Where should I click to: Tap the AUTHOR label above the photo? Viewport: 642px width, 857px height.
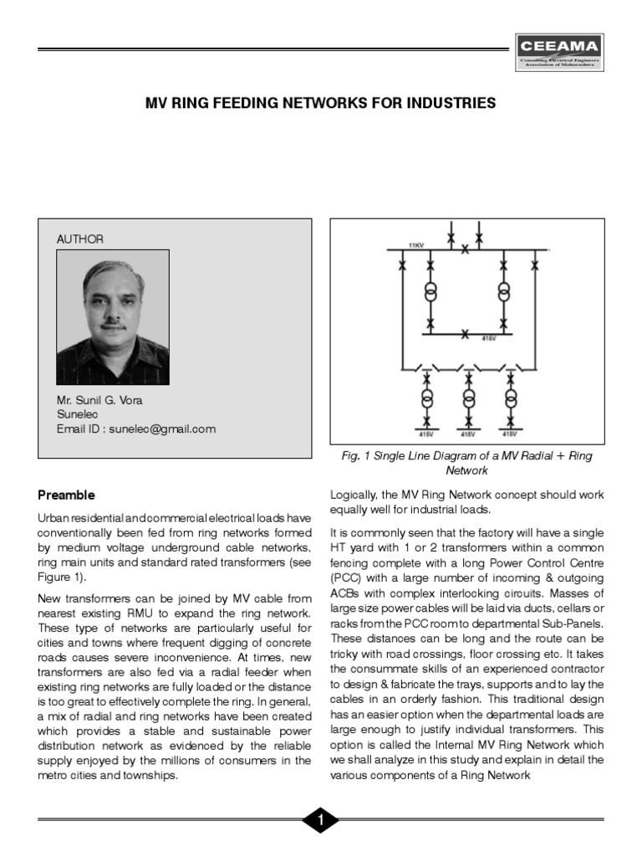coord(80,239)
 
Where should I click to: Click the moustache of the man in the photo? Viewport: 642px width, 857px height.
coord(113,321)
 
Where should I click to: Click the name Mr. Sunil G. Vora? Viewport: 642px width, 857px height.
coord(99,400)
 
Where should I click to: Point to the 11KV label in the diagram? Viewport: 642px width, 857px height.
coord(415,245)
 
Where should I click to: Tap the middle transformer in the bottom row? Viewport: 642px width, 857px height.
coord(468,395)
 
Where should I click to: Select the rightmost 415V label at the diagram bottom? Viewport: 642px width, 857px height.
coord(509,434)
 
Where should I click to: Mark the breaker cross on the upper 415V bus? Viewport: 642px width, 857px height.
coord(465,334)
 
